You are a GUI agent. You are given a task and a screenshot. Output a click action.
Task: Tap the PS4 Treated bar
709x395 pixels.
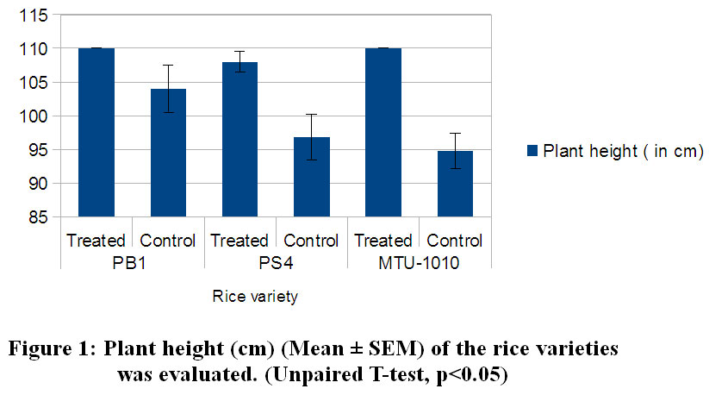click(239, 139)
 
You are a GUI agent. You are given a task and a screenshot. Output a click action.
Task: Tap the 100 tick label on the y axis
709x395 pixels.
click(37, 116)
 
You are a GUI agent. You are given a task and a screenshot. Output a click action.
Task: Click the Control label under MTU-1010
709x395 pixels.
click(455, 241)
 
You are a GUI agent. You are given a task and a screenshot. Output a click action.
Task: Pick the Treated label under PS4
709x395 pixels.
click(239, 241)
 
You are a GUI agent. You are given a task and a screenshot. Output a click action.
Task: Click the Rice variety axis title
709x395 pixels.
click(255, 298)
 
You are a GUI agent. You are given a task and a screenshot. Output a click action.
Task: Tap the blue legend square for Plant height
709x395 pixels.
click(532, 152)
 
